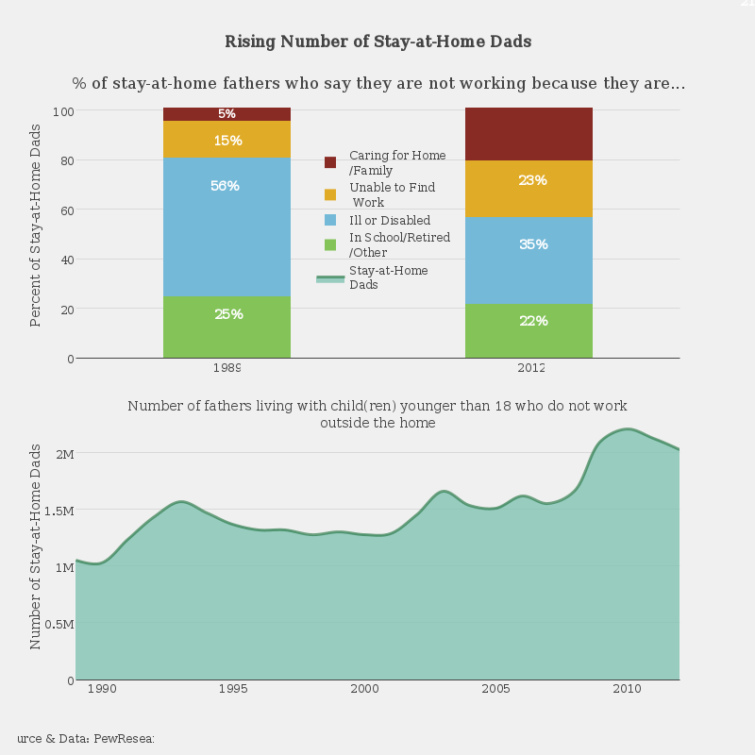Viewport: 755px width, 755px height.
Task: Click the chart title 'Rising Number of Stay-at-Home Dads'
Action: click(x=377, y=42)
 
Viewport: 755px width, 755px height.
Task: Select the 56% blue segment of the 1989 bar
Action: click(x=226, y=226)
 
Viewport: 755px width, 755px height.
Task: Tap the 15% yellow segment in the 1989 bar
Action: click(x=226, y=140)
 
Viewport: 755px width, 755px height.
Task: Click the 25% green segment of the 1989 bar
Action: click(x=226, y=327)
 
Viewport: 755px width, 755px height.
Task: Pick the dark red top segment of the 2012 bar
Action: click(x=528, y=133)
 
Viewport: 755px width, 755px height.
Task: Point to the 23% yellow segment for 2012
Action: click(x=528, y=189)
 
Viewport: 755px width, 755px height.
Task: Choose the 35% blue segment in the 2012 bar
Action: click(x=528, y=260)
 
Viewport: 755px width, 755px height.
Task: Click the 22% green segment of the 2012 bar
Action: click(x=528, y=330)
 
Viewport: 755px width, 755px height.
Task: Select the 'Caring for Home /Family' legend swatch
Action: click(x=330, y=162)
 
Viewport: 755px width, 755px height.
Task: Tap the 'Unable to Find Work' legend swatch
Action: click(x=330, y=194)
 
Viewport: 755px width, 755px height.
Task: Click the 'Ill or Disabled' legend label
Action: click(x=390, y=220)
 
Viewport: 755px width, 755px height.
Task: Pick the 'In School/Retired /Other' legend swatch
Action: click(x=330, y=244)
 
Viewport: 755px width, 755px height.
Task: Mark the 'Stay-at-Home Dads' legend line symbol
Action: click(x=330, y=278)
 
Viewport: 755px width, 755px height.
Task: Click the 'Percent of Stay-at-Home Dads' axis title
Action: click(x=36, y=225)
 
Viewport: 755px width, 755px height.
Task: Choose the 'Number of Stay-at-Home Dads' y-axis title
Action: click(x=36, y=546)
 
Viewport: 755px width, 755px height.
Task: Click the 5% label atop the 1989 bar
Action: click(x=226, y=114)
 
